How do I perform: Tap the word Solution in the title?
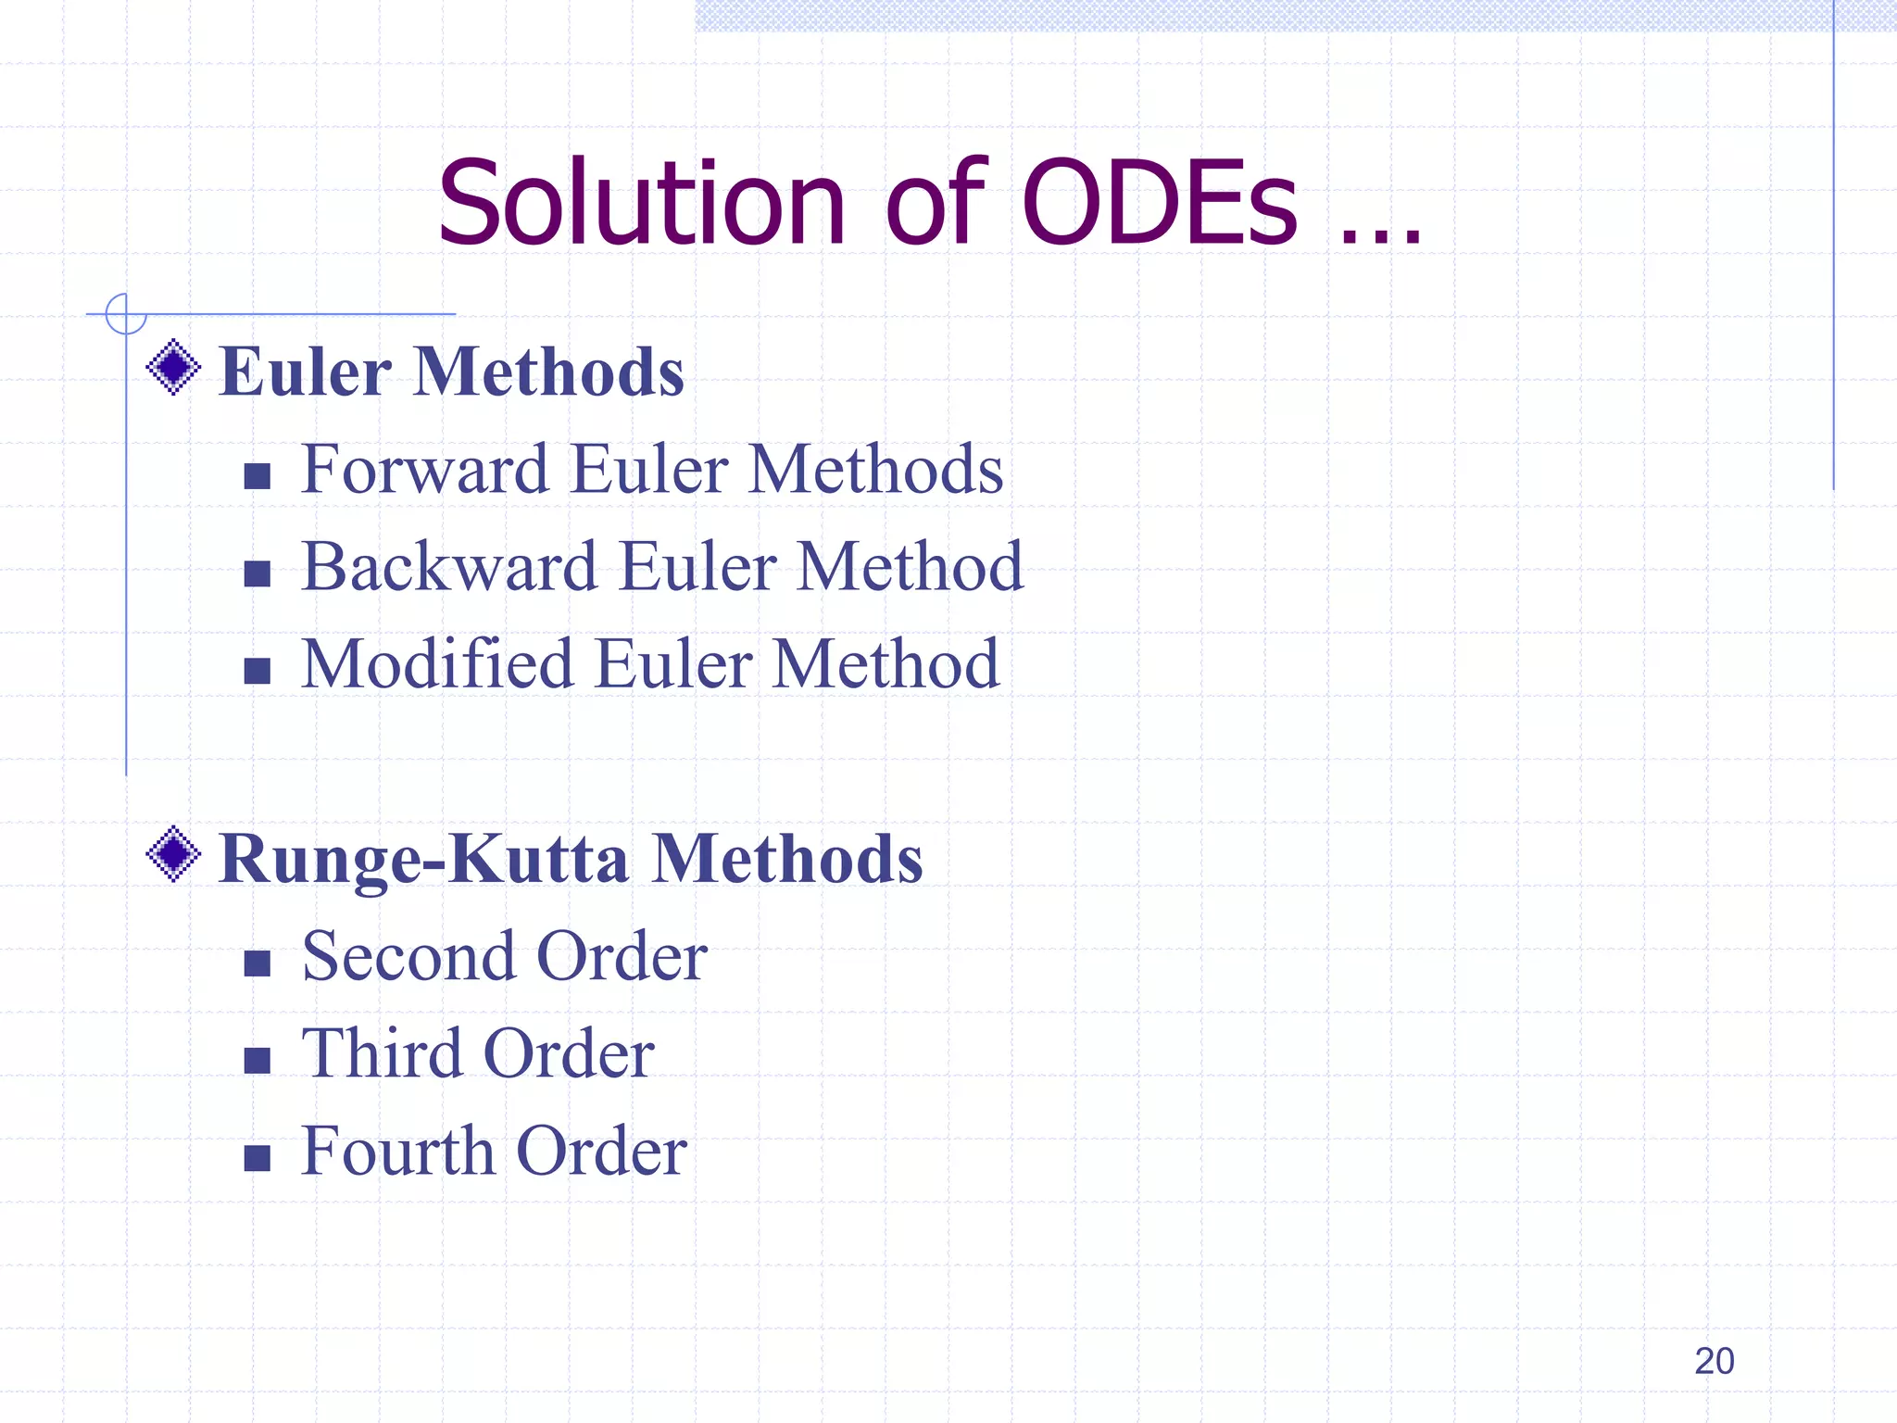click(641, 204)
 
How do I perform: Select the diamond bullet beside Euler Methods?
click(173, 368)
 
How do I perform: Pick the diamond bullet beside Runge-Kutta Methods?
click(173, 854)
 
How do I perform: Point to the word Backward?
click(449, 567)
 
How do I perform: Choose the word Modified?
click(437, 664)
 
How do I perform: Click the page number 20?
click(1714, 1361)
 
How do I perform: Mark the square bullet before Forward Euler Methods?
click(257, 476)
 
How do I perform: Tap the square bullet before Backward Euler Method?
click(257, 573)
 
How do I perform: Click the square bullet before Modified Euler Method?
click(257, 671)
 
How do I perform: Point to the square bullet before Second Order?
click(257, 963)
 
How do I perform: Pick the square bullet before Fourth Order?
click(257, 1158)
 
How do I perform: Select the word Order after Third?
click(569, 1054)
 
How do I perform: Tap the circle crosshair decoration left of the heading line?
click(126, 314)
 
